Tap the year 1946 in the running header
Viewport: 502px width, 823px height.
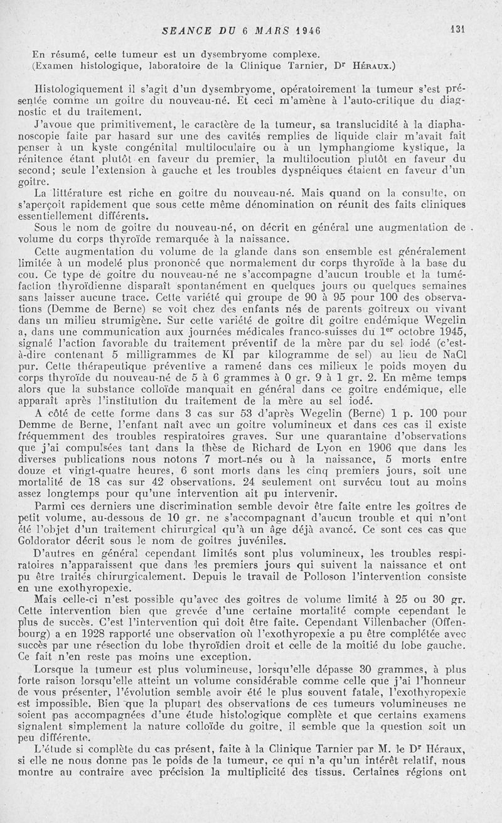tap(304, 30)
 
